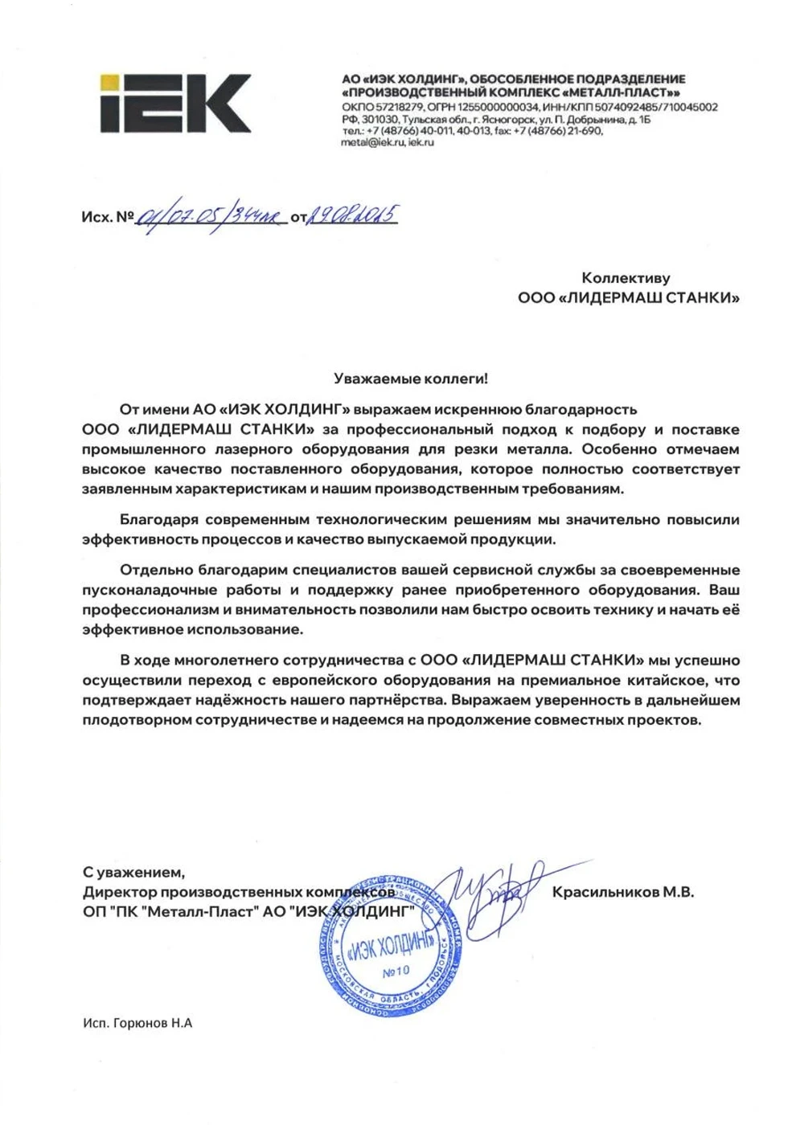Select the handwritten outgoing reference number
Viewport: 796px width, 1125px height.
211,216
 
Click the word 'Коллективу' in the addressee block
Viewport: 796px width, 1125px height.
626,278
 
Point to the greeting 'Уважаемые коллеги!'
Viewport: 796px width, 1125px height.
411,378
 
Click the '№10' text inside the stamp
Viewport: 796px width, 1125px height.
396,971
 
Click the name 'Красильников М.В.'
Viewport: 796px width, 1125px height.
622,892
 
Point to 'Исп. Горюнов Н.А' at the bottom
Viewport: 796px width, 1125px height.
137,1023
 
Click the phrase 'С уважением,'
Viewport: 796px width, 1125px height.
133,872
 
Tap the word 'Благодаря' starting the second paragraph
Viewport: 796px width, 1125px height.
159,520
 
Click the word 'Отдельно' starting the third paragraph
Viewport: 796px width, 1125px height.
156,571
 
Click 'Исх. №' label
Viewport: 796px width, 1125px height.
107,217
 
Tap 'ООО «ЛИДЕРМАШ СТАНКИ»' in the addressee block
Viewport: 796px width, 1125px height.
628,298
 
